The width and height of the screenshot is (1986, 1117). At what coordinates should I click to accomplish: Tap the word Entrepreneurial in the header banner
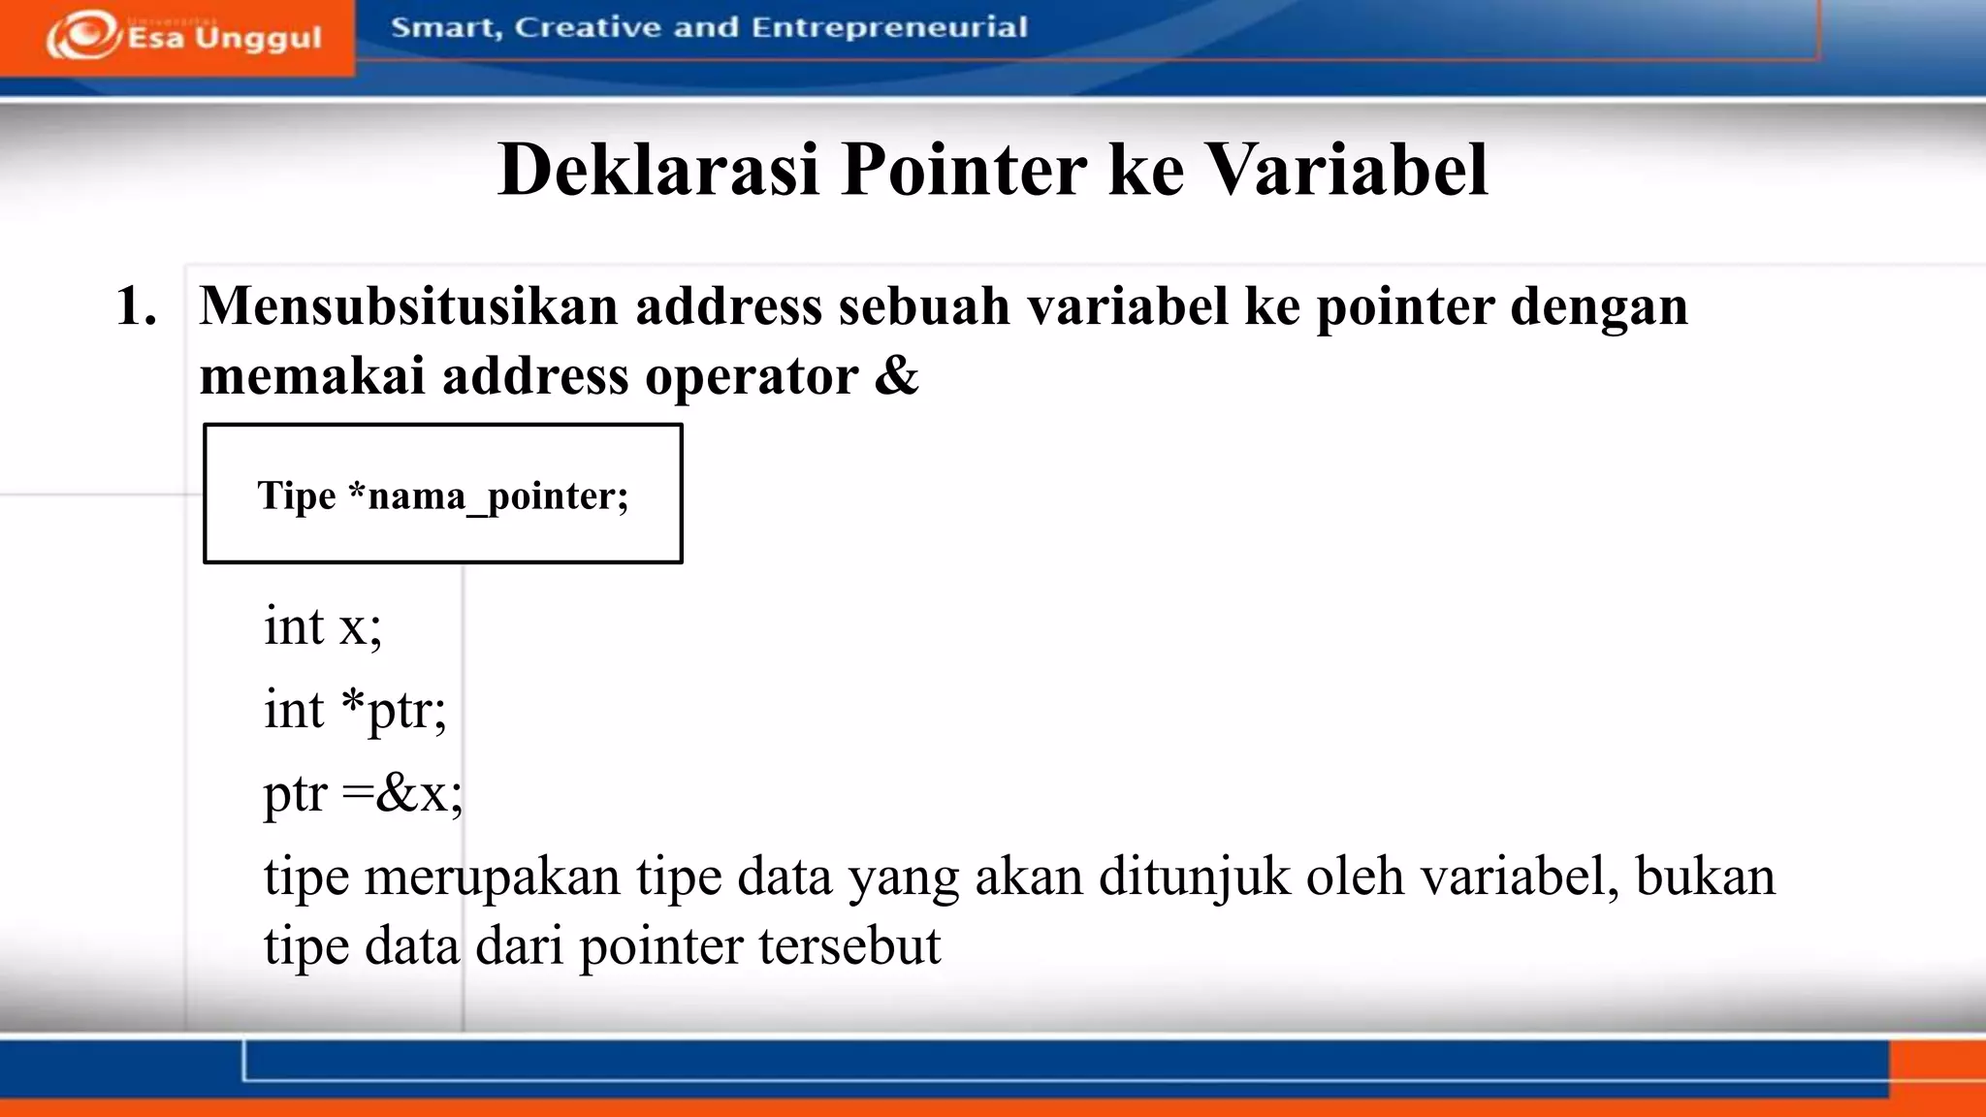[x=888, y=27]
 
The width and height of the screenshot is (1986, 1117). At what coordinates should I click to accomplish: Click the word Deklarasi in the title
[x=658, y=170]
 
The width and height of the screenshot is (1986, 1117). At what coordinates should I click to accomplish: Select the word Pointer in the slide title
[x=964, y=170]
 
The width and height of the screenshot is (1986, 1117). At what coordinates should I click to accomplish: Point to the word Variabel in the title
[x=1347, y=170]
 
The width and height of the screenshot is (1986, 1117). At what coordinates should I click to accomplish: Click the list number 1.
[x=136, y=306]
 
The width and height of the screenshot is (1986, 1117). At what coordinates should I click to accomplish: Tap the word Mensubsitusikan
[x=408, y=306]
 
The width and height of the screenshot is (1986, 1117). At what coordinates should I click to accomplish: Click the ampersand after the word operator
[x=896, y=375]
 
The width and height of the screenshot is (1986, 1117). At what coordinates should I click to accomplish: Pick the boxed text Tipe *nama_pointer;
[x=443, y=495]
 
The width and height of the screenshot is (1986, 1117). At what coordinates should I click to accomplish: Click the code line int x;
[x=323, y=625]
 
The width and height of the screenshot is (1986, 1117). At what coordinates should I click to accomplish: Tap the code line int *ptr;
[x=355, y=710]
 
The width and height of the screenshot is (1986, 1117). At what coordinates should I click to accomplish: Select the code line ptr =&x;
[x=364, y=793]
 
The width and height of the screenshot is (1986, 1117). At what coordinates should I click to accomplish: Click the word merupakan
[x=492, y=878]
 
